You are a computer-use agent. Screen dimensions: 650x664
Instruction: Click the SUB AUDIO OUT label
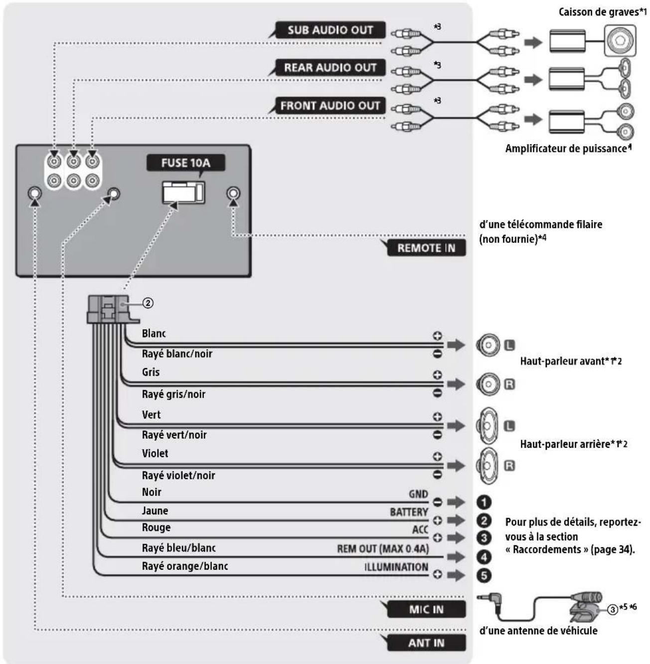click(330, 30)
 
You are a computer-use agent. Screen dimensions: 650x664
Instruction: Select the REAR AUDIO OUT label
click(330, 67)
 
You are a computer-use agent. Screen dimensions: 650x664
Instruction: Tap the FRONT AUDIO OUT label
click(330, 105)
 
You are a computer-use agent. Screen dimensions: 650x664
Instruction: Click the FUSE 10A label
click(185, 163)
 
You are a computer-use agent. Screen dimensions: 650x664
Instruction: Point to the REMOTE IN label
click(426, 248)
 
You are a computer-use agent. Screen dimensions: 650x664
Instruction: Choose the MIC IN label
click(426, 610)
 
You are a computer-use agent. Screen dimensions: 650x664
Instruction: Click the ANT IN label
click(426, 643)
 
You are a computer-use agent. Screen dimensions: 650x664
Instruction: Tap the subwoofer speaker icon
click(620, 40)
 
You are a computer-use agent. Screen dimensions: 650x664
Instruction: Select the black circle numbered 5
click(484, 575)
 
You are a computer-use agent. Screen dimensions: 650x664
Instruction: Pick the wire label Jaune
click(155, 511)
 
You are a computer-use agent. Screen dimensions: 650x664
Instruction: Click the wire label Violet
click(155, 453)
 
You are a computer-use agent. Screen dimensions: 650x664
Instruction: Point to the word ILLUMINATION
click(396, 567)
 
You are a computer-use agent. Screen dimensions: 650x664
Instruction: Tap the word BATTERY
click(409, 512)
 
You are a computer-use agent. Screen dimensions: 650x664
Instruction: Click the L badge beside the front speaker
click(509, 345)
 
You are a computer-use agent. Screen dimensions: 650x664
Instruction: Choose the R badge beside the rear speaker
click(509, 466)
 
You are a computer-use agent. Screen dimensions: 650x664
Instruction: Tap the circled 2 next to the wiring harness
click(148, 303)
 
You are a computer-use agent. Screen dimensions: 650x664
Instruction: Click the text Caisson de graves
click(599, 12)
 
